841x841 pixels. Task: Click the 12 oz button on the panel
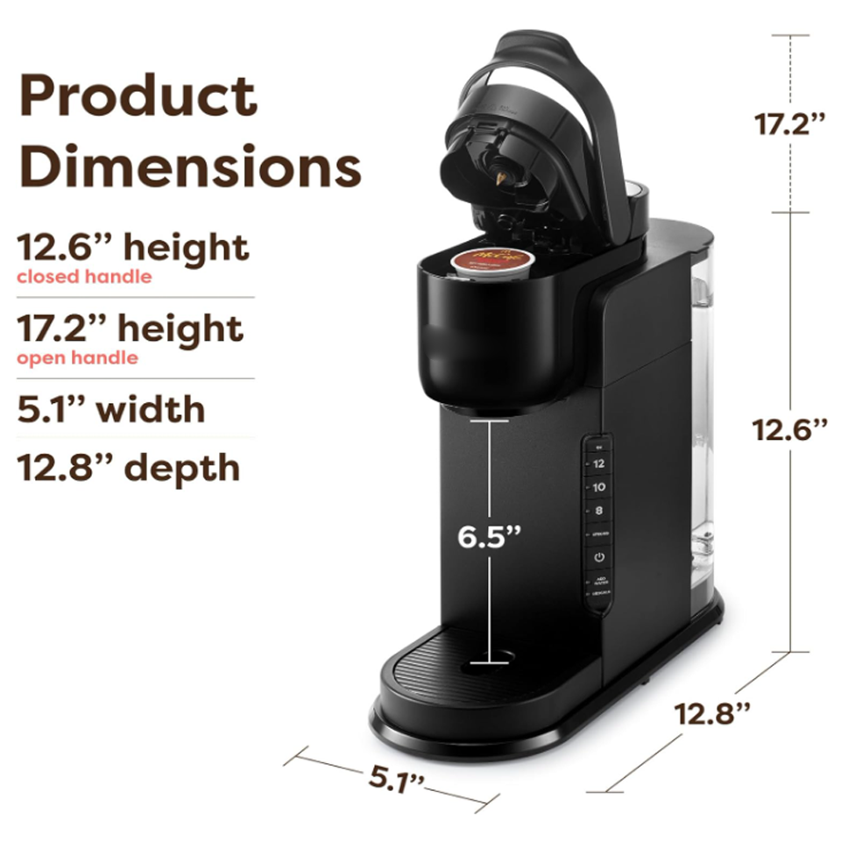[x=599, y=463]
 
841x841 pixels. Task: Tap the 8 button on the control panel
[x=599, y=510]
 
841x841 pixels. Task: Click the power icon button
[x=599, y=557]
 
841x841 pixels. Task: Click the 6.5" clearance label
[x=490, y=535]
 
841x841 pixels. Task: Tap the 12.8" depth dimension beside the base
[x=713, y=713]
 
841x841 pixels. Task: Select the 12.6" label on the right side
[x=791, y=430]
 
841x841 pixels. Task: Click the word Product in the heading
[x=138, y=96]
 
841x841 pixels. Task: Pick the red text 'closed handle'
[x=84, y=277]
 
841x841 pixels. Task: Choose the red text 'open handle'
[x=77, y=357]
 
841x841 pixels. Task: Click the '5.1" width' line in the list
[x=111, y=409]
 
